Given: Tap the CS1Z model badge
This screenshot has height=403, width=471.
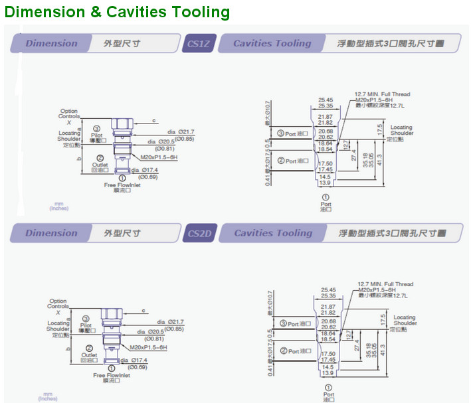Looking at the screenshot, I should pyautogui.click(x=198, y=44).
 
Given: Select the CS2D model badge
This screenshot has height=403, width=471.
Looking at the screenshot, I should pyautogui.click(x=198, y=233).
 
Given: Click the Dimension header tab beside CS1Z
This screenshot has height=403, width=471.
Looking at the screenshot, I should pyautogui.click(x=51, y=44).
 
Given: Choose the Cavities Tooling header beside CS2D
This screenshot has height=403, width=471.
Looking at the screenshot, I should pyautogui.click(x=272, y=233).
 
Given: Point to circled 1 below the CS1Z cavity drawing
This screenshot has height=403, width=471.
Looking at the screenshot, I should pyautogui.click(x=326, y=197).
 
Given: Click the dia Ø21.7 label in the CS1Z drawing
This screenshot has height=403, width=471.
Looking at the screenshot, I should pyautogui.click(x=181, y=131).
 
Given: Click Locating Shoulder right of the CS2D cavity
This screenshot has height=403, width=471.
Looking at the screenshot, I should pyautogui.click(x=404, y=321).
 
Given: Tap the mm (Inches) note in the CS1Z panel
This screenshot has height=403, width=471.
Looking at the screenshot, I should pyautogui.click(x=58, y=206).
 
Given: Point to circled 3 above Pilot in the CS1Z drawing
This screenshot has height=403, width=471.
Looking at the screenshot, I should pyautogui.click(x=97, y=127).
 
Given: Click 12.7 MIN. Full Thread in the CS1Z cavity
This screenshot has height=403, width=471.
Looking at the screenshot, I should pyautogui.click(x=382, y=94).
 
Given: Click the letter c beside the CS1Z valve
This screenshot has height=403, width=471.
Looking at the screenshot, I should pyautogui.click(x=153, y=120).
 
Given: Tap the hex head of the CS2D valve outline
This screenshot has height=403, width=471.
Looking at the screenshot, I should pyautogui.click(x=110, y=313).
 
